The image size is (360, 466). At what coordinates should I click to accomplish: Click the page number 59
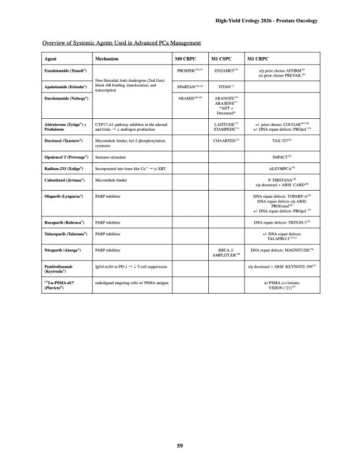click(181, 445)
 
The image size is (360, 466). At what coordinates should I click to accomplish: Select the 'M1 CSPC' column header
click(221, 59)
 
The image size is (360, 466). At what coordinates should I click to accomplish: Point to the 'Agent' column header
click(51, 59)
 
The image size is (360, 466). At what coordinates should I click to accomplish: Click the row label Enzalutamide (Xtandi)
click(66, 70)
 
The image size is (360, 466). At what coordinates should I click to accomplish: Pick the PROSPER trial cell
click(189, 70)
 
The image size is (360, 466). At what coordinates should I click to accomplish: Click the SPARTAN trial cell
click(189, 86)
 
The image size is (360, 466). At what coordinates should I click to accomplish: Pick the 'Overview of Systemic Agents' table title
click(122, 43)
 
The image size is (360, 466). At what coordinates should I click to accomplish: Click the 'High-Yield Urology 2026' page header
click(267, 21)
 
